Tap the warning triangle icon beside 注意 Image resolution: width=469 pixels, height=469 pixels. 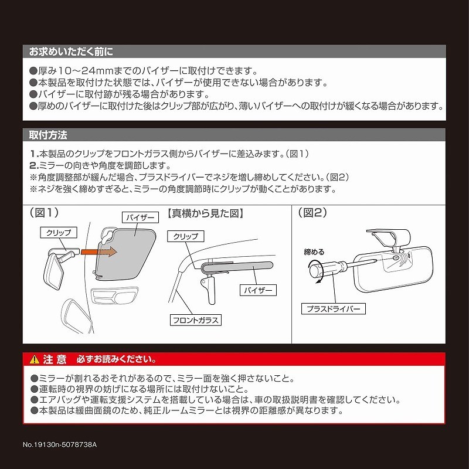coord(35,359)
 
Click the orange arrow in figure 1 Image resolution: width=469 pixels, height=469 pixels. coord(99,252)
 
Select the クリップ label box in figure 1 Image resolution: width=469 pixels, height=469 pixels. coord(59,233)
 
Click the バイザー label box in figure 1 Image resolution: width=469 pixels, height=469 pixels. coord(141,217)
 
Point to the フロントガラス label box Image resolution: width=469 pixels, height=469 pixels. coord(196,320)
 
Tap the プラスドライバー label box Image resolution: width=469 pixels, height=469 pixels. coord(332,308)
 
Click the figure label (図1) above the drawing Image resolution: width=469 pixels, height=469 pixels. coord(44,213)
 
